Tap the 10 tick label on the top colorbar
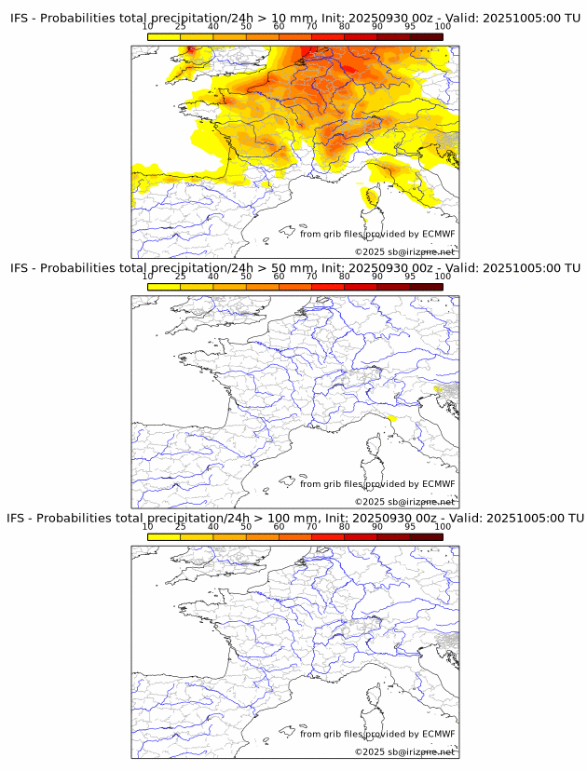tap(148, 27)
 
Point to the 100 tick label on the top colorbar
tap(443, 27)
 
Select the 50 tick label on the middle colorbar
tap(246, 277)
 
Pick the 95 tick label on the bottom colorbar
tap(410, 526)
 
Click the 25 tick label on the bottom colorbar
tap(181, 526)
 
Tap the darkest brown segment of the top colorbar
tap(426, 36)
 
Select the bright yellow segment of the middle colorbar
tap(164, 286)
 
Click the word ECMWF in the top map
tap(438, 234)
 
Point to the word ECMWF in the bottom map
tap(438, 734)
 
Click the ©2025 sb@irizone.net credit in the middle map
tap(405, 502)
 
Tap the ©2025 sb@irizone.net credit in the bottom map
tap(405, 751)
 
